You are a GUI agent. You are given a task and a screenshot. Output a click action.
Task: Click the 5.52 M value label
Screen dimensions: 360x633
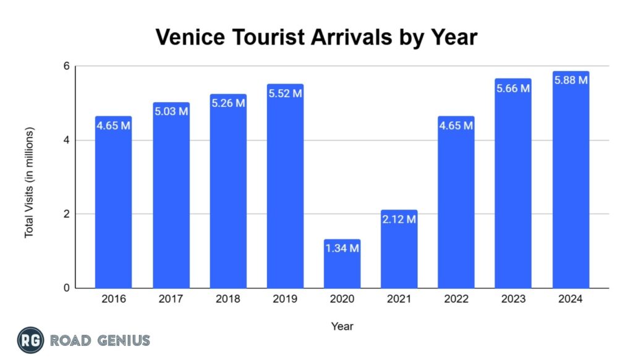coord(285,94)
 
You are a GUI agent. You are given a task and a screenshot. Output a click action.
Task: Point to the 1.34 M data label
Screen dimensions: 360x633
coord(342,249)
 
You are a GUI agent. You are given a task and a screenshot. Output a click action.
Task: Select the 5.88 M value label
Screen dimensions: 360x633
coord(571,80)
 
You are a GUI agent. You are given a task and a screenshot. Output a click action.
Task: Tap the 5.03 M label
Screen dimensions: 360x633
coord(171,112)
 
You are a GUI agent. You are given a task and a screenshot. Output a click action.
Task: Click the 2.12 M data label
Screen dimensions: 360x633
coord(399,220)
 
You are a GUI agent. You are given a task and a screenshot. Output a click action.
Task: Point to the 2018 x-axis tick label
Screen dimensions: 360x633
coord(227,299)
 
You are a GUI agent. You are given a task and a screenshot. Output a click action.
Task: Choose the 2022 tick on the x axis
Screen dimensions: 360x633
coord(456,299)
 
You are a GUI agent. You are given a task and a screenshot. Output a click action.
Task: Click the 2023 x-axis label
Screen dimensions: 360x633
coord(513,299)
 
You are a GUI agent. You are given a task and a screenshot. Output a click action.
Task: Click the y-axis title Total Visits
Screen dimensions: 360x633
coord(29,182)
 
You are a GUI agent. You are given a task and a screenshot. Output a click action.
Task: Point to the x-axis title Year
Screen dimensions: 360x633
coord(342,326)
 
